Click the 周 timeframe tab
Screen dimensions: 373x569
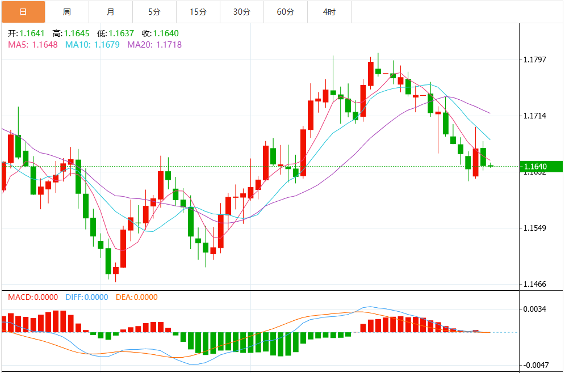(67, 11)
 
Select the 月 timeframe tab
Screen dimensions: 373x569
(110, 11)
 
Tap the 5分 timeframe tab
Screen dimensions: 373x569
(154, 11)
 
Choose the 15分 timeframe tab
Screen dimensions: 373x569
(198, 11)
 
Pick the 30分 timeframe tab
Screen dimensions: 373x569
(242, 11)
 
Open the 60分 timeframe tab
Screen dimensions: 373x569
(286, 11)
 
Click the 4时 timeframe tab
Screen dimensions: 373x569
(329, 11)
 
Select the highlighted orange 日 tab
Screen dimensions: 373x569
(23, 11)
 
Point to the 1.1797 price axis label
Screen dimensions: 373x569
(534, 60)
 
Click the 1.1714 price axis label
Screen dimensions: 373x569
(534, 116)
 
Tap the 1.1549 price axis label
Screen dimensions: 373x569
(534, 228)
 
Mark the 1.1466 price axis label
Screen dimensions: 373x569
(534, 284)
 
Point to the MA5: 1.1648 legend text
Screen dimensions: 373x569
(33, 44)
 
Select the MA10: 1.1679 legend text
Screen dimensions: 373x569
(93, 44)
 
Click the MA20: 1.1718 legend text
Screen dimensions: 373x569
(154, 44)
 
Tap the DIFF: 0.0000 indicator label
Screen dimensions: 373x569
(87, 297)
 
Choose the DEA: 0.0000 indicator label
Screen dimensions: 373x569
(136, 297)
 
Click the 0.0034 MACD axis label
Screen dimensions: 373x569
(534, 309)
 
